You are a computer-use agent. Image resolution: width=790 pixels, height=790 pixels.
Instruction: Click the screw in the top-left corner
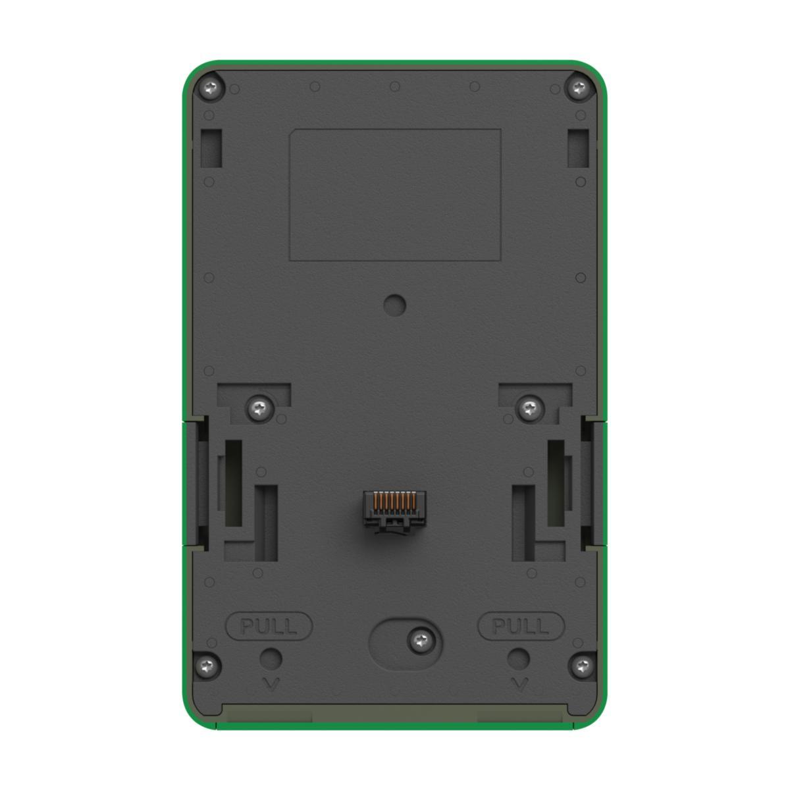pyautogui.click(x=211, y=88)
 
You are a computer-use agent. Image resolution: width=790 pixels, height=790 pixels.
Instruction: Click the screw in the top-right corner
pyautogui.click(x=579, y=88)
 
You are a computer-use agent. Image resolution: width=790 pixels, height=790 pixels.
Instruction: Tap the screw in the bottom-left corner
pyautogui.click(x=207, y=664)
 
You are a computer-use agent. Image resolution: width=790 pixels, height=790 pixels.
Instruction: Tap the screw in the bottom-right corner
pyautogui.click(x=583, y=664)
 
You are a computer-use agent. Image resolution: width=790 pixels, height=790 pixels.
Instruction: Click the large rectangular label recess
pyautogui.click(x=395, y=195)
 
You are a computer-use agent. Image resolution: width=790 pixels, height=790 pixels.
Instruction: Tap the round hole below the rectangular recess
pyautogui.click(x=394, y=305)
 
